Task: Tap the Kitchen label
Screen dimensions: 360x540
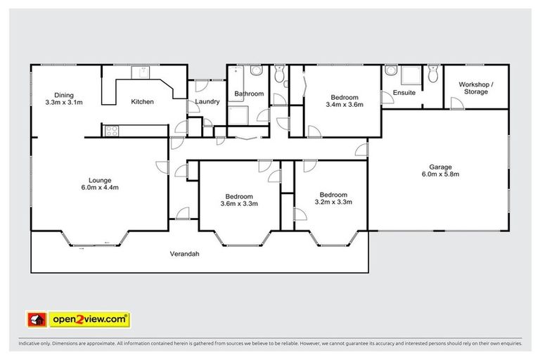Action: coord(142,102)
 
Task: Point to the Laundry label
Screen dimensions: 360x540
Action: coord(207,102)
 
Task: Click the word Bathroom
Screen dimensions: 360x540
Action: coord(249,94)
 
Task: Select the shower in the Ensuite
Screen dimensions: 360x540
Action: coord(408,74)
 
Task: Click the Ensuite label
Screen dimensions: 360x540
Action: coord(404,92)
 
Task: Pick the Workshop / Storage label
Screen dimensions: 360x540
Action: coord(476,88)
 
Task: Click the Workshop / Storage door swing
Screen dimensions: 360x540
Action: coord(456,103)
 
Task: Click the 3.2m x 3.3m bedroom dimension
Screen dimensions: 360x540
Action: coord(333,202)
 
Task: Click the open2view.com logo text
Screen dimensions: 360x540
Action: coord(90,319)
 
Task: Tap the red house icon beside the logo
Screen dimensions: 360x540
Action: coord(36,319)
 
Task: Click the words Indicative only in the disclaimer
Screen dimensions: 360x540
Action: coord(35,344)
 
